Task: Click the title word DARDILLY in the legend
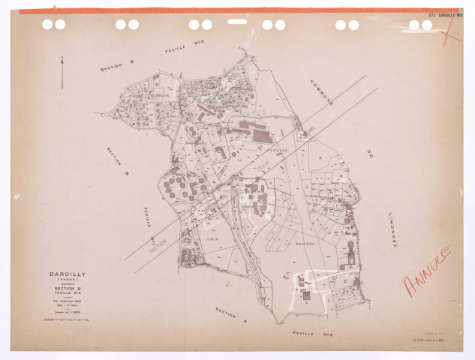pyautogui.click(x=67, y=274)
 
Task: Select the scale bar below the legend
pyautogui.click(x=67, y=319)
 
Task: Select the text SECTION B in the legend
pyautogui.click(x=67, y=288)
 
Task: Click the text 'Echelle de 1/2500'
pyautogui.click(x=67, y=310)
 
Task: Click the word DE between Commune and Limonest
pyautogui.click(x=368, y=154)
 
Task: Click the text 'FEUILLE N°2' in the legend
pyautogui.click(x=67, y=293)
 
